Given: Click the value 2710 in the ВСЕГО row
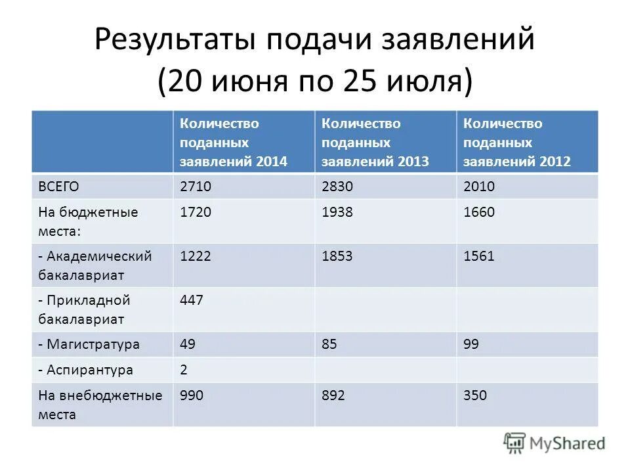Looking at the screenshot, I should point(196,187).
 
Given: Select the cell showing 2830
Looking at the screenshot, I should point(337,187).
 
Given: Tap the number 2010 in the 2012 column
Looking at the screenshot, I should point(478,187).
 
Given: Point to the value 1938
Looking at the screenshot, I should point(337,212).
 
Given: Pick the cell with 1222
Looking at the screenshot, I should point(196,256).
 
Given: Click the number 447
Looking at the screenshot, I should point(192,300).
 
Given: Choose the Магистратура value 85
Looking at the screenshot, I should point(329,344).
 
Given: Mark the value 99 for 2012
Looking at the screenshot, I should point(471,344).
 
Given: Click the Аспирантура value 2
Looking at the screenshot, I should point(184,370).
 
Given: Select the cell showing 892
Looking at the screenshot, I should point(333,395).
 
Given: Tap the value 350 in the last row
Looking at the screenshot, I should point(474,395).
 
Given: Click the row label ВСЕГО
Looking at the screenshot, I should point(58,187).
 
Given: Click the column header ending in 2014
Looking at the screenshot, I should point(234,142).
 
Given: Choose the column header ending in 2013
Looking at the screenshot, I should point(375,142).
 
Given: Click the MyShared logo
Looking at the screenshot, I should point(555,443).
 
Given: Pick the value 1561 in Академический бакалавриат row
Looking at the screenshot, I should point(478,256).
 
